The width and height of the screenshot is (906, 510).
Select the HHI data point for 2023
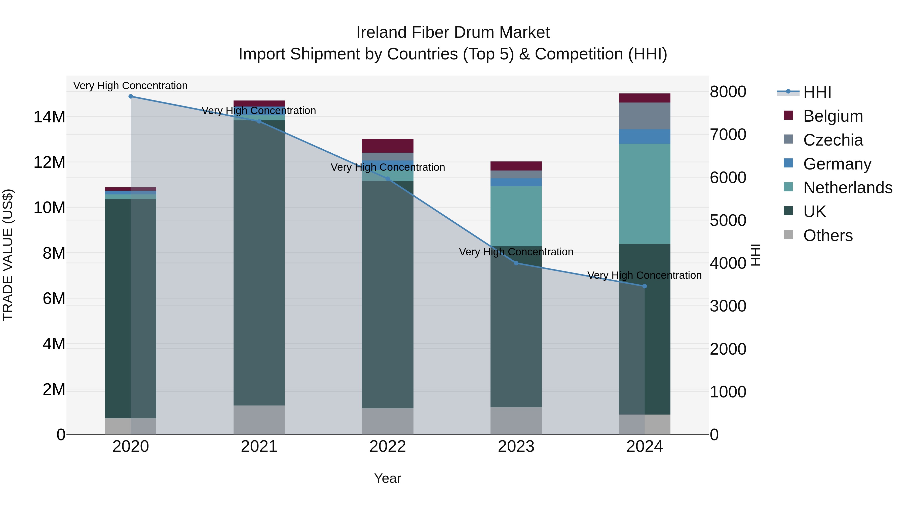coord(516,263)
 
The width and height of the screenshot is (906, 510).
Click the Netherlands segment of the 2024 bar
coord(644,194)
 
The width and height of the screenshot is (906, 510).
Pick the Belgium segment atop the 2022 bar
coord(388,146)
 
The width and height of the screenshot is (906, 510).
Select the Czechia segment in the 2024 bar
coord(644,116)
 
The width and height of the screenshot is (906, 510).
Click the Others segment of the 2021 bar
coord(259,420)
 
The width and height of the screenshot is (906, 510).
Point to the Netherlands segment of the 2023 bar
coord(516,216)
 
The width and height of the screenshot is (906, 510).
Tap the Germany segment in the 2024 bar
coord(644,137)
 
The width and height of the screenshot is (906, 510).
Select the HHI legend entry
coord(817,92)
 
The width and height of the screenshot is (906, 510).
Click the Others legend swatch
coord(788,235)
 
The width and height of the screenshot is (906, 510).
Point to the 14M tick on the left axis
coord(49,117)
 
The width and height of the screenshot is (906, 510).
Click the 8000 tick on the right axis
coord(728,92)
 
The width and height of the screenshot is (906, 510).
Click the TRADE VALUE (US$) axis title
coord(8,255)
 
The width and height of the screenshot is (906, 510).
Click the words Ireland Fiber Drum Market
coord(453,32)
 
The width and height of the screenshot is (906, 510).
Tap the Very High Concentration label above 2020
coord(130,86)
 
